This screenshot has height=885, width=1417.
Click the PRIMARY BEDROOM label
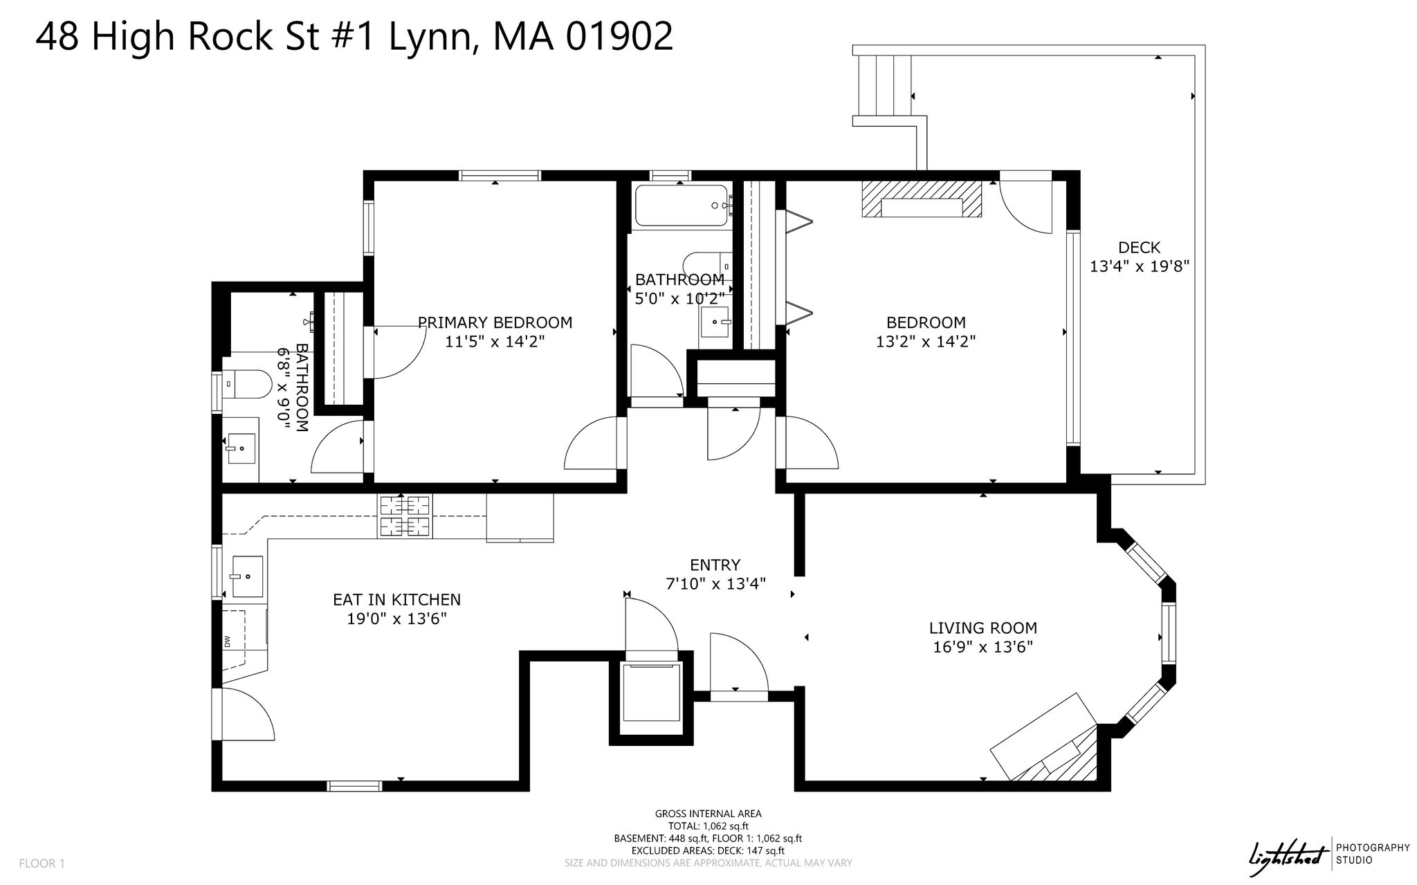495,322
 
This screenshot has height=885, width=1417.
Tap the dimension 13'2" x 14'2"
926,341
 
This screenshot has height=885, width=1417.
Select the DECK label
1139,247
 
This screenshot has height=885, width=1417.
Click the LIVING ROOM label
982,628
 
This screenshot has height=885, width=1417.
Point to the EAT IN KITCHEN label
396,600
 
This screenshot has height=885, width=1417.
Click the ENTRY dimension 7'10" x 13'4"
715,584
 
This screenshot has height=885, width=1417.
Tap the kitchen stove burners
403,516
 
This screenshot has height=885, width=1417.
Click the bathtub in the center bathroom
682,206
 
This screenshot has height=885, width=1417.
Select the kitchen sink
246,576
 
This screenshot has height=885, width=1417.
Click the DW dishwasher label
227,642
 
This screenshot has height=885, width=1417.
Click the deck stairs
885,86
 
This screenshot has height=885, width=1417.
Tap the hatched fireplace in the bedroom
922,199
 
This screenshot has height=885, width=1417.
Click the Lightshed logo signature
1290,854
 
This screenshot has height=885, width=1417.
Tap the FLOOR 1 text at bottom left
42,864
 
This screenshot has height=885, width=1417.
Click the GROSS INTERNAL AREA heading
708,814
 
